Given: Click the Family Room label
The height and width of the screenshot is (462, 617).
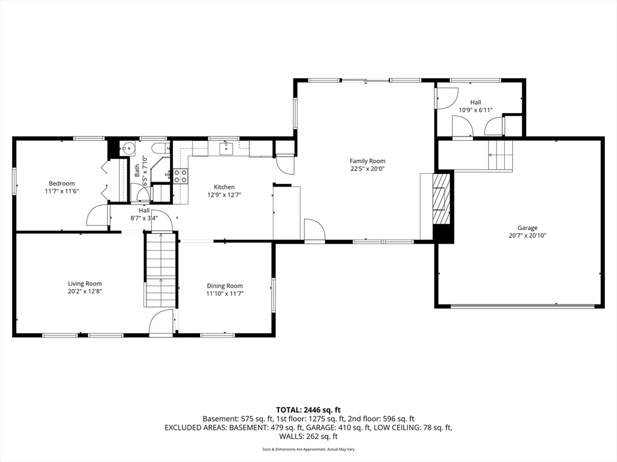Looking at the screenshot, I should (367, 161).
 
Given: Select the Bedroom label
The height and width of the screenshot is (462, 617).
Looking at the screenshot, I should (61, 183).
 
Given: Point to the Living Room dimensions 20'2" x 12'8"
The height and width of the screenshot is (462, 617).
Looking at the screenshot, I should (84, 291).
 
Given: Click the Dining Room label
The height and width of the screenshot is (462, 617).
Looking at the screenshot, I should (225, 286).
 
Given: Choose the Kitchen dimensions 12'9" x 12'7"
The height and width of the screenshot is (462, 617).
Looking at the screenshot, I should (224, 194).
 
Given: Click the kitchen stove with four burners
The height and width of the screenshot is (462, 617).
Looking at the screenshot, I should (180, 176).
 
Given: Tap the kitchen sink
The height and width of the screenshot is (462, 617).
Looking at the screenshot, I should (227, 147).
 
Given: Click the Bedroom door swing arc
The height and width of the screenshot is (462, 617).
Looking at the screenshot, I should (96, 217).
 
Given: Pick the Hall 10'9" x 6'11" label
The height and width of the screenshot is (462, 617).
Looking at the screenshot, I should (475, 106).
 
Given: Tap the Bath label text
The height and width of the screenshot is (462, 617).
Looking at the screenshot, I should (137, 170).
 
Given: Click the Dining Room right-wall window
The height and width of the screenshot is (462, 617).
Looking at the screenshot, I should (273, 295).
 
